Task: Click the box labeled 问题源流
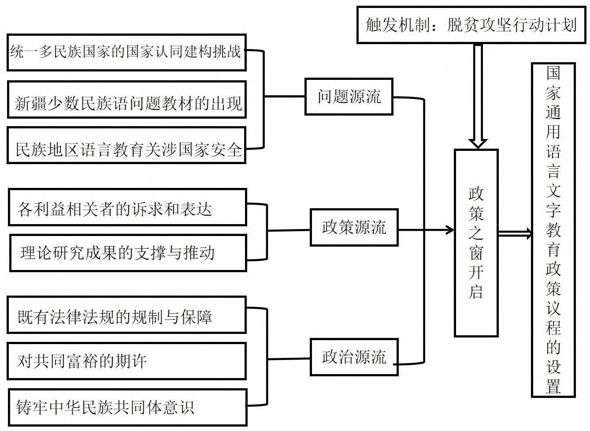tap(349, 97)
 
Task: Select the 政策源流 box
tap(354, 228)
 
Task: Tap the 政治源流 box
tap(354, 357)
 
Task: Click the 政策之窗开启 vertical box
tap(476, 243)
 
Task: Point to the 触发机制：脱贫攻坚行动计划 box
tap(471, 25)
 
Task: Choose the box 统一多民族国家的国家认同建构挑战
tap(126, 52)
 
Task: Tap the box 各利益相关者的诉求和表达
tap(127, 208)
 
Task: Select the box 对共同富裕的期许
tap(126, 361)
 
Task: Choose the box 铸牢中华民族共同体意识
tap(127, 407)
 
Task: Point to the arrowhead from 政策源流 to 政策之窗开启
tap(450, 229)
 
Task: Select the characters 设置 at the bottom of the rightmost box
tap(553, 377)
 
